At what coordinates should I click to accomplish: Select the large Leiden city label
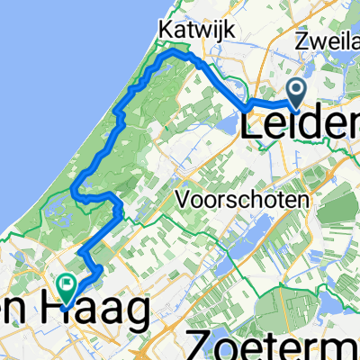(x=301, y=125)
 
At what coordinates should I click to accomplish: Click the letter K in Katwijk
(x=163, y=30)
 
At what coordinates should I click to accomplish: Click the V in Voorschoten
(x=183, y=198)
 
